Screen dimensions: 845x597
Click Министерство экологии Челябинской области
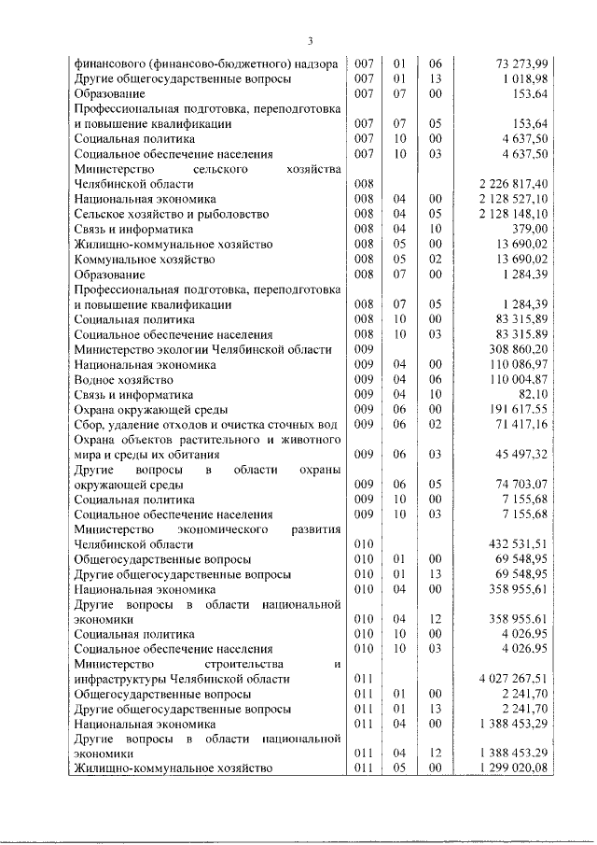coord(202,349)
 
